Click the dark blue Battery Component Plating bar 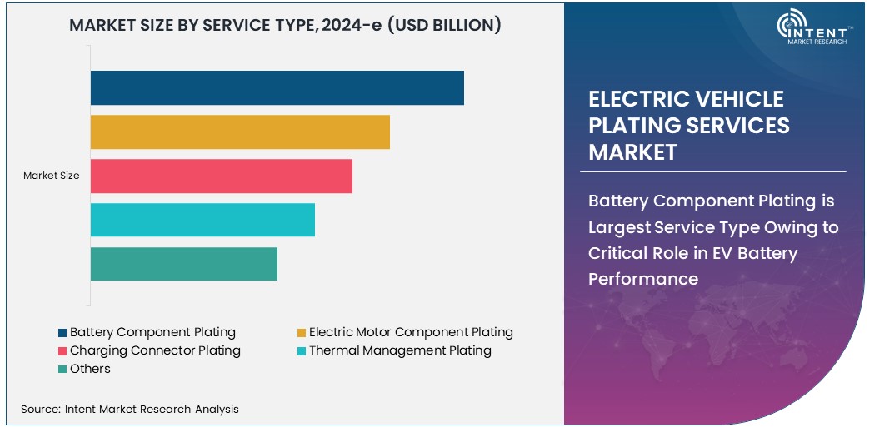(x=277, y=88)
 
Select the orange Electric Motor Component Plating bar (x=240, y=132)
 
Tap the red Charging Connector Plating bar (x=221, y=176)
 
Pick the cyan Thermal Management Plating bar (x=202, y=220)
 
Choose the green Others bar (x=183, y=264)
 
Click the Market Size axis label (x=52, y=176)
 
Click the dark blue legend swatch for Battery (x=62, y=333)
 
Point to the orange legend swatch (x=302, y=333)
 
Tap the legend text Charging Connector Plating (x=155, y=350)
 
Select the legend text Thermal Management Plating (x=400, y=350)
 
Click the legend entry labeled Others (x=90, y=369)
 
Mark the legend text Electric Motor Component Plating (x=411, y=332)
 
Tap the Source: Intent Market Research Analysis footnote (x=130, y=409)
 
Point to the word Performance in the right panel (x=643, y=279)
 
